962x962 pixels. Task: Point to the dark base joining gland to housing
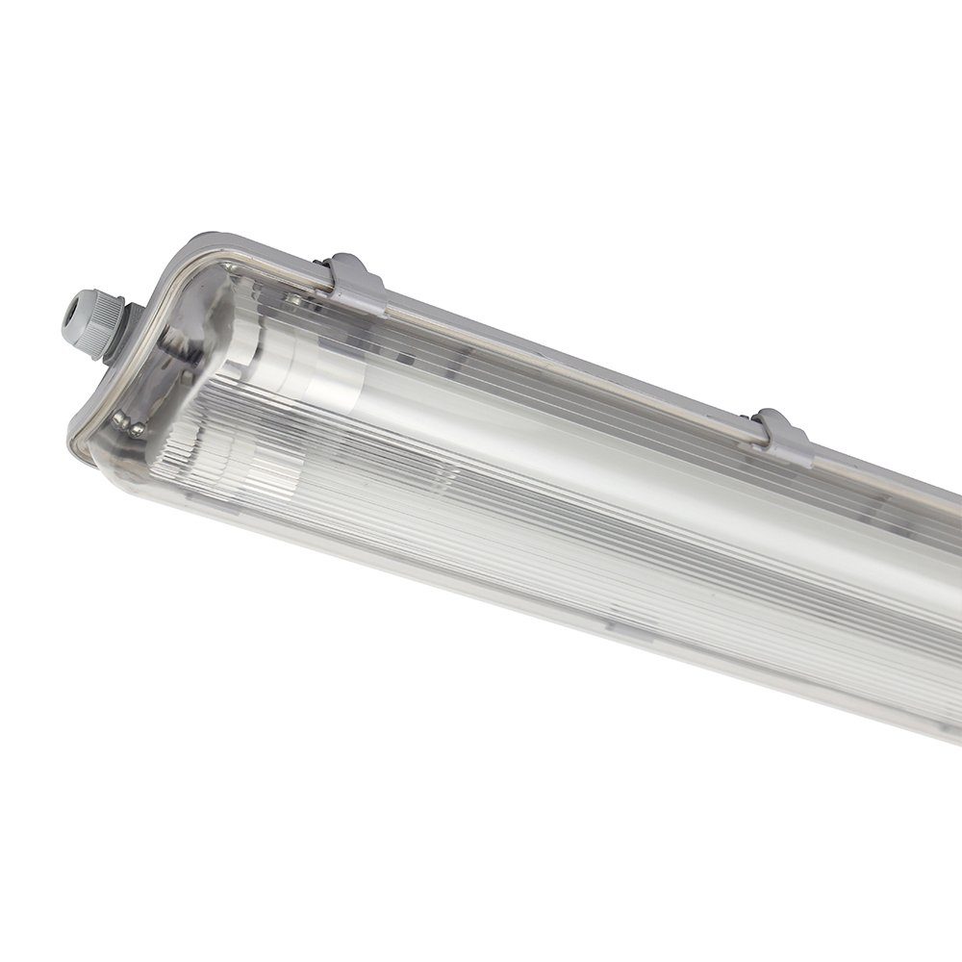coord(129,327)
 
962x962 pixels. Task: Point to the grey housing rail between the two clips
coord(577,362)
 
